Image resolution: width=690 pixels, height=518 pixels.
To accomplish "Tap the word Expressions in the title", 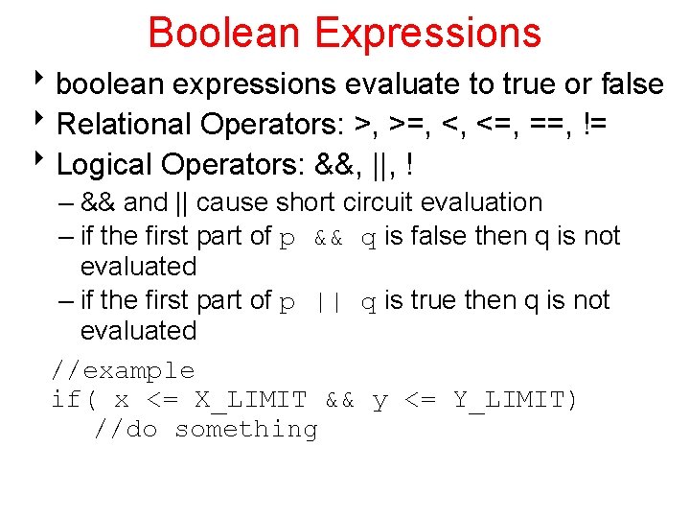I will tap(427, 34).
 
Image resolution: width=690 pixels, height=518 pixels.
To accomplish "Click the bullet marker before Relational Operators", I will tap(46, 123).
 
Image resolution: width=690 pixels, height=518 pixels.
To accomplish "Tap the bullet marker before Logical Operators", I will tap(46, 163).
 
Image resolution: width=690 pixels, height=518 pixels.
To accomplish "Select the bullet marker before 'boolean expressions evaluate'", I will tap(46, 82).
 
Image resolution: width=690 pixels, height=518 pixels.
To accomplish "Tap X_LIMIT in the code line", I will tap(251, 400).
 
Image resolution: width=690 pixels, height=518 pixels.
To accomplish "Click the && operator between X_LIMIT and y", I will tap(339, 400).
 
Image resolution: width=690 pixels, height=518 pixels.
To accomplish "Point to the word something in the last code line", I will tap(245, 430).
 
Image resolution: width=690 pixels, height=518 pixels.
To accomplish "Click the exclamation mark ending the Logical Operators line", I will tap(410, 165).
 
